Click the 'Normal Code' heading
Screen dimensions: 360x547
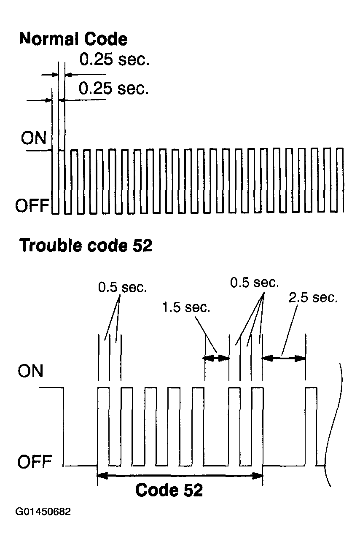73,39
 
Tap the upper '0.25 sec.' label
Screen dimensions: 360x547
114,59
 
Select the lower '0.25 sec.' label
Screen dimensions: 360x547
114,88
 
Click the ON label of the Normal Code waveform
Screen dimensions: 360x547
34,138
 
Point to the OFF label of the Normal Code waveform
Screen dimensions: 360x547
32,205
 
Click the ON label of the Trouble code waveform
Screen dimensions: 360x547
30,371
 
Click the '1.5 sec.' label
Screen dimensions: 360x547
186,307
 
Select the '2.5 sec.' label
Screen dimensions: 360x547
313,297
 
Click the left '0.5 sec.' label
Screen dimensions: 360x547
123,287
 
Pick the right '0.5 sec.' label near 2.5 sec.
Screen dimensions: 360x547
254,283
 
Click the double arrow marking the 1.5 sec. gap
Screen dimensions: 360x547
216,358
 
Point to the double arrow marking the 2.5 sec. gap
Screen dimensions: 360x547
284,358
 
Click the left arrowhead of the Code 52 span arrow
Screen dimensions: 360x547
102,476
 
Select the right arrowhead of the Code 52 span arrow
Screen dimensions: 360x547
258,476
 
